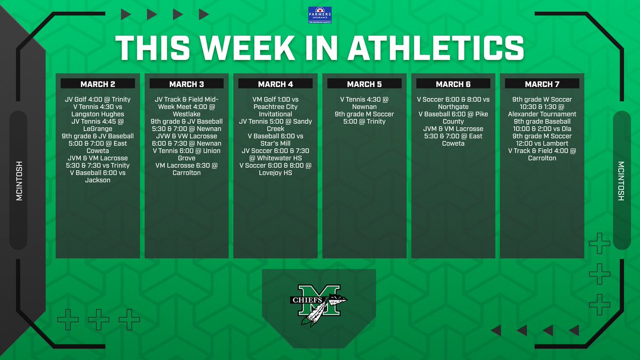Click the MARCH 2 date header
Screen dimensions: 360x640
point(98,84)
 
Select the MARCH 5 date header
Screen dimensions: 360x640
point(364,84)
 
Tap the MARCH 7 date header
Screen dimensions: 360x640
point(542,84)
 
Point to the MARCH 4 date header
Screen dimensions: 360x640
point(275,84)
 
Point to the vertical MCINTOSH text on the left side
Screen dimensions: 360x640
point(19,180)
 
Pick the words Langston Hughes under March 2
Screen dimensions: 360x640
point(98,114)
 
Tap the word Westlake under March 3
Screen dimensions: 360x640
point(187,114)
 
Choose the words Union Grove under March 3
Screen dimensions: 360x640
point(187,155)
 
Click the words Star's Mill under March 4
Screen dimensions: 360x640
point(275,143)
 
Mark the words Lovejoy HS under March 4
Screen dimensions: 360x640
point(275,173)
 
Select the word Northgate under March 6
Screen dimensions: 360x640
point(453,107)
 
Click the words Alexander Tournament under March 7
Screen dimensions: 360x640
point(542,114)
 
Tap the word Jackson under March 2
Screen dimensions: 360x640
point(98,180)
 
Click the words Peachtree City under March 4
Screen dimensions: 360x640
point(275,107)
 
